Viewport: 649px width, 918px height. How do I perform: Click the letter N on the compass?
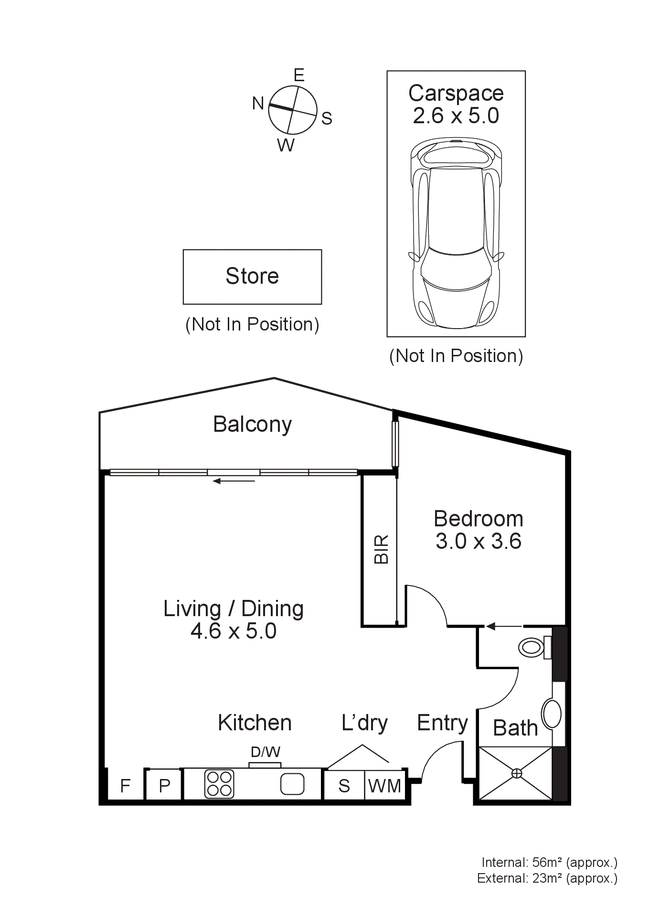click(258, 103)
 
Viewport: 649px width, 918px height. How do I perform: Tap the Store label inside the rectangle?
click(252, 276)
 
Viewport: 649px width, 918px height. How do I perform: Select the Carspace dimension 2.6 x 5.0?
click(456, 116)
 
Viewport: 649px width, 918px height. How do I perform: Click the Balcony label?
click(252, 424)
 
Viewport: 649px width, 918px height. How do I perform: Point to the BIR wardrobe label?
click(382, 549)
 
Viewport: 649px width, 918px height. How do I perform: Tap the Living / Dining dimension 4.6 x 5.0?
click(234, 631)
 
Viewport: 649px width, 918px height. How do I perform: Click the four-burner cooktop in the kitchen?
click(219, 784)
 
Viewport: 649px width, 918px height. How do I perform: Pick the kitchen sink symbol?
click(292, 784)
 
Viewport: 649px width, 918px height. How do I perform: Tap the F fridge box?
click(125, 786)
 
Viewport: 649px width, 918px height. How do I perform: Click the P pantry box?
click(164, 786)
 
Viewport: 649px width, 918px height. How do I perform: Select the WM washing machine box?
click(384, 786)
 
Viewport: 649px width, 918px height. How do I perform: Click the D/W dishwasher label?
click(266, 752)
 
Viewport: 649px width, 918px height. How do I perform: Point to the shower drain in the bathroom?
click(517, 773)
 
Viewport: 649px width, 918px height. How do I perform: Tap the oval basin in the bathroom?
click(553, 714)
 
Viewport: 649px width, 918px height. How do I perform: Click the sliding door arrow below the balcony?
click(234, 481)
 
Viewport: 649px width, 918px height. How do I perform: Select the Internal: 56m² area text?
click(549, 863)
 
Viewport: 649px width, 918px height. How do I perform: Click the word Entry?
click(442, 723)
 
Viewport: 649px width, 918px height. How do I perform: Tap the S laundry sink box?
click(344, 786)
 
